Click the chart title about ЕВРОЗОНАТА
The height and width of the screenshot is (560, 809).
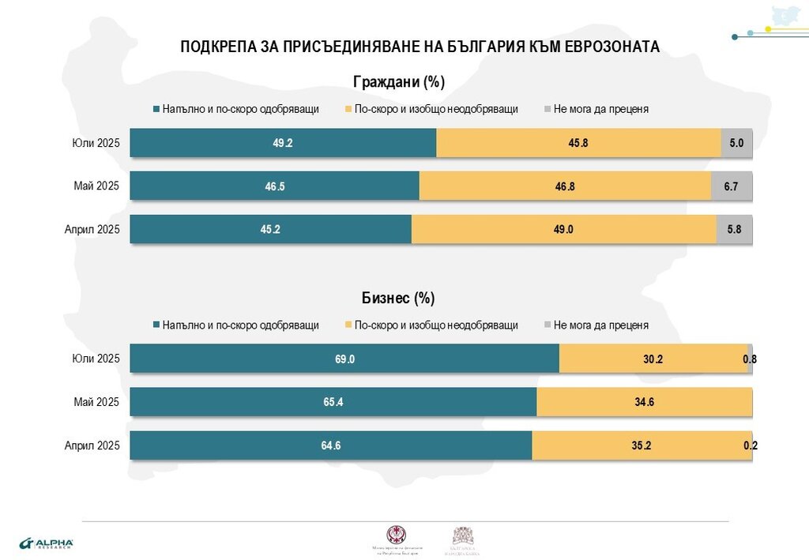pyautogui.click(x=420, y=47)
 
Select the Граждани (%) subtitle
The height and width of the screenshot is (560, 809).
pyautogui.click(x=399, y=81)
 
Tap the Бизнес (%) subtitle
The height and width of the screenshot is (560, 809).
pyautogui.click(x=398, y=298)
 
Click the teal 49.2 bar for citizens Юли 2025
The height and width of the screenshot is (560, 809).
pyautogui.click(x=283, y=143)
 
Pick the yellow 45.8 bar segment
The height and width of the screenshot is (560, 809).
pyautogui.click(x=578, y=143)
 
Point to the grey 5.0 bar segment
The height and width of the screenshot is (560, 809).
pyautogui.click(x=736, y=143)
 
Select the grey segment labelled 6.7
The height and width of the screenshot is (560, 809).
pyautogui.click(x=732, y=186)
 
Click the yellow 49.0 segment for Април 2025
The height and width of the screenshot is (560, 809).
pyautogui.click(x=563, y=229)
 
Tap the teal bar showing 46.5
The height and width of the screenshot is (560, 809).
pyautogui.click(x=274, y=186)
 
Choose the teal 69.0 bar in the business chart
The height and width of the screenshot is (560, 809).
pyautogui.click(x=344, y=359)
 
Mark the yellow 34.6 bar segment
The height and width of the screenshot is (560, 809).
pyautogui.click(x=644, y=402)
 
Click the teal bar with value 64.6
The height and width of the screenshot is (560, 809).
pyautogui.click(x=330, y=445)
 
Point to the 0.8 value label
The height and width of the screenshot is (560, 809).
pyautogui.click(x=750, y=359)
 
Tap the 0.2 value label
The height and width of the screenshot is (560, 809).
pyautogui.click(x=751, y=446)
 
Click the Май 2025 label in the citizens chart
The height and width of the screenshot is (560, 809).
pyautogui.click(x=96, y=186)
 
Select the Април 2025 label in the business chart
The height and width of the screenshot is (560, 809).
pyautogui.click(x=92, y=445)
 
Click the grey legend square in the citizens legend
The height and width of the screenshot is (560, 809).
pyautogui.click(x=547, y=109)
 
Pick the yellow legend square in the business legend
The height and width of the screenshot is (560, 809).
pyautogui.click(x=348, y=325)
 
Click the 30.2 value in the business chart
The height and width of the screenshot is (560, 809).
pyautogui.click(x=653, y=359)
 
